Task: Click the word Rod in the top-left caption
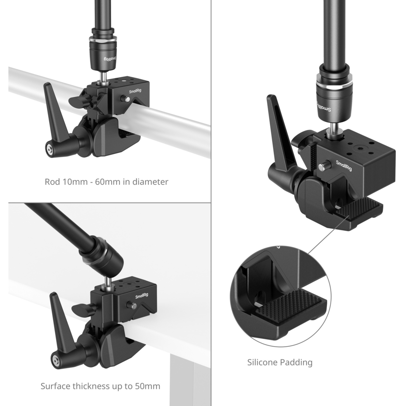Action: point(52,182)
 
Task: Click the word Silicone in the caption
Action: point(262,362)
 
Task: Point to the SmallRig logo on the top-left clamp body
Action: point(135,91)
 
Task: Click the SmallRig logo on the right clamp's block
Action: point(344,165)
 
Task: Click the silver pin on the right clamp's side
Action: point(322,167)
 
